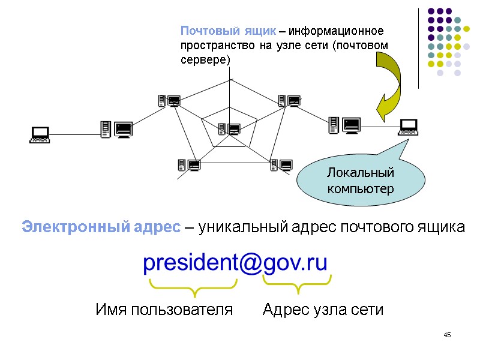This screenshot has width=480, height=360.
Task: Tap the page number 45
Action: pos(447,334)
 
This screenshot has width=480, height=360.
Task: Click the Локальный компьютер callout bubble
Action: pos(361,181)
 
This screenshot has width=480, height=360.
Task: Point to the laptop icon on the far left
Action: pos(40,134)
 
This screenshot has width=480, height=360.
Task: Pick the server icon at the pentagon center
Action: pos(229,128)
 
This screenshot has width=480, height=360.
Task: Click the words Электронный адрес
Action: pos(101,228)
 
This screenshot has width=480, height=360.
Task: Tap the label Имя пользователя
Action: pos(164,310)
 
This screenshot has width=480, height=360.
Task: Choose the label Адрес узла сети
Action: pos(323,310)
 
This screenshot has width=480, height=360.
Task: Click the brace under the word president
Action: pos(193,287)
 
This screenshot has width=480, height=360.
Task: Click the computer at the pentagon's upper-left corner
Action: pos(169,101)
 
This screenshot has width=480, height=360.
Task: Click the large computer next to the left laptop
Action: pos(116,129)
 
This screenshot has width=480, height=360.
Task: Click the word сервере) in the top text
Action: pos(206,60)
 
